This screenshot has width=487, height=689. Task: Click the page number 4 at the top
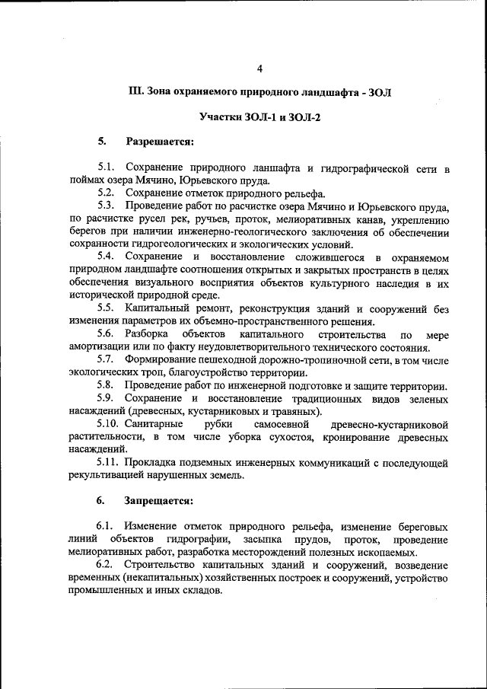click(259, 69)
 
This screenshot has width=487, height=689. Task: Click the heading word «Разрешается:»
click(160, 142)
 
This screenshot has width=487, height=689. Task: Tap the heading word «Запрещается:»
click(161, 500)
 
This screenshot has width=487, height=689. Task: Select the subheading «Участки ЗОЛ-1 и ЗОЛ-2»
click(259, 117)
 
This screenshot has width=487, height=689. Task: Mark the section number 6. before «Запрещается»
click(100, 500)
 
